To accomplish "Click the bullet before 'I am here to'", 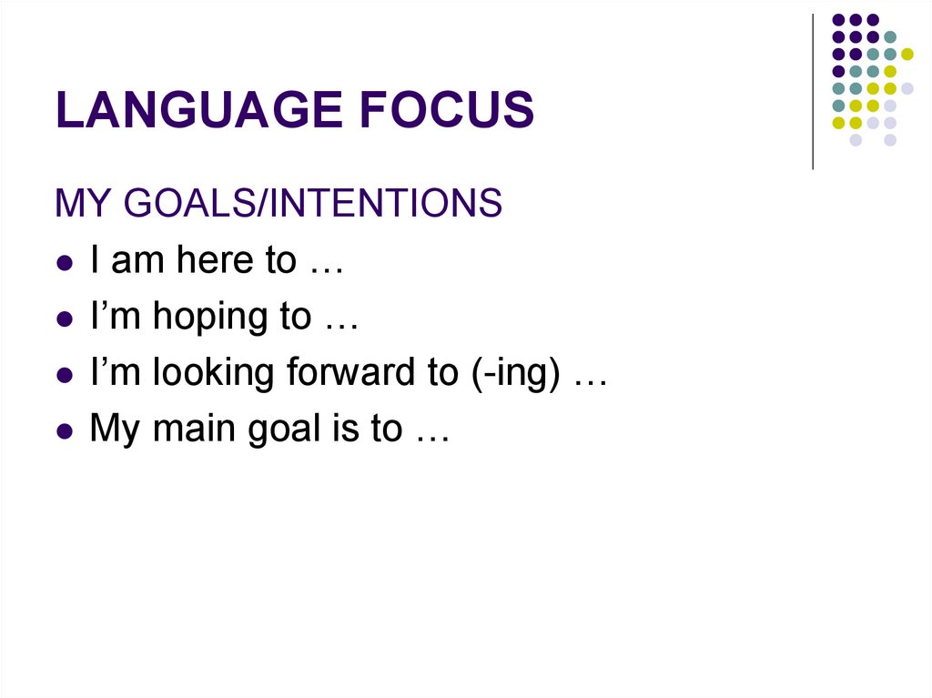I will [64, 262].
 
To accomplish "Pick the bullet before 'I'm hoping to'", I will [64, 319].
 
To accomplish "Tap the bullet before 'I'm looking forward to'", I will [64, 375].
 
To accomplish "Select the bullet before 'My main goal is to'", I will [64, 430].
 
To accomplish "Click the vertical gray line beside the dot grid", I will [813, 91].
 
